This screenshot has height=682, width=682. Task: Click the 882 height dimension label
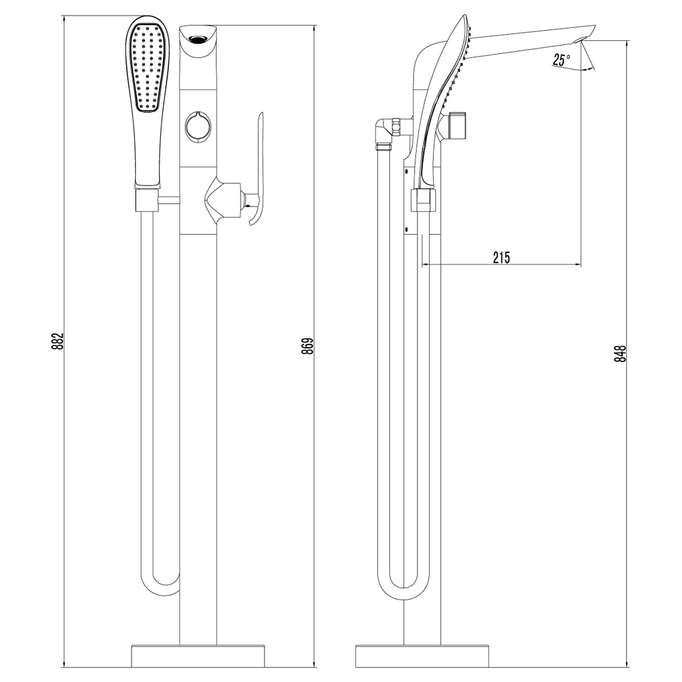pyautogui.click(x=58, y=341)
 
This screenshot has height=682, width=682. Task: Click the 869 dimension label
pyautogui.click(x=308, y=346)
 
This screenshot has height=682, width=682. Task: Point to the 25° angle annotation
pyautogui.click(x=561, y=60)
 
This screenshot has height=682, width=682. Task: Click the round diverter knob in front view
pyautogui.click(x=198, y=127)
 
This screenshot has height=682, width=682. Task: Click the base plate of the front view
pyautogui.click(x=198, y=656)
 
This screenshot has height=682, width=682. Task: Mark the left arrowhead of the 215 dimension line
pyautogui.click(x=426, y=265)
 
